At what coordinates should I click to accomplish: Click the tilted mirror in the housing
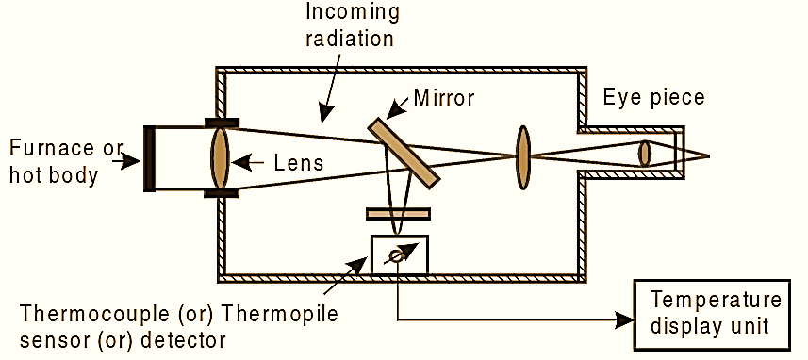[x=404, y=152]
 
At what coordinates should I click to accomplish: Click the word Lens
[x=298, y=163]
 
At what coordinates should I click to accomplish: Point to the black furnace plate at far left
[x=149, y=157]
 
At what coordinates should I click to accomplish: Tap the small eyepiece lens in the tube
[x=645, y=154]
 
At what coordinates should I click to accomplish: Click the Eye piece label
[x=653, y=97]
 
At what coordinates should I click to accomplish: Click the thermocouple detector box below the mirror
[x=400, y=255]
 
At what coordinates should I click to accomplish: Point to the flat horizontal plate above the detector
[x=399, y=214]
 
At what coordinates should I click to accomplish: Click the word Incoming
[x=353, y=14]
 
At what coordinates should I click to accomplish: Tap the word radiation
[x=353, y=40]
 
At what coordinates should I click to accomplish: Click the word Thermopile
[x=284, y=312]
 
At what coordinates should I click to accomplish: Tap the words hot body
[x=53, y=174]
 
